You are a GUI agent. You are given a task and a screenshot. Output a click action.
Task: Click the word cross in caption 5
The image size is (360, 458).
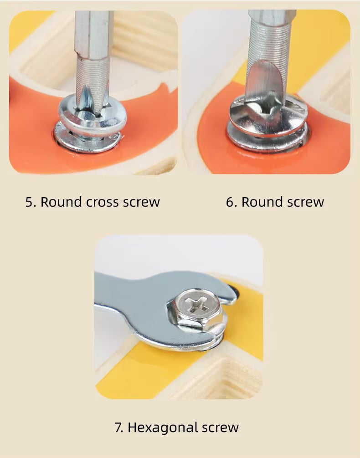103,202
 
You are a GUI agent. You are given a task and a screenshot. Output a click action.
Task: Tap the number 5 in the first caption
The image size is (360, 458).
29,202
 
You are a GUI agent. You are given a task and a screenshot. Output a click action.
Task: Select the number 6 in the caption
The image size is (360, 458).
230,202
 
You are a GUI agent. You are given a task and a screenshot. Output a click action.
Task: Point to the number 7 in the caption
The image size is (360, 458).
118,428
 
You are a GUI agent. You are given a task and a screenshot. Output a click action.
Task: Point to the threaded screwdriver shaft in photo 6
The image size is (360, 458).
268,44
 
